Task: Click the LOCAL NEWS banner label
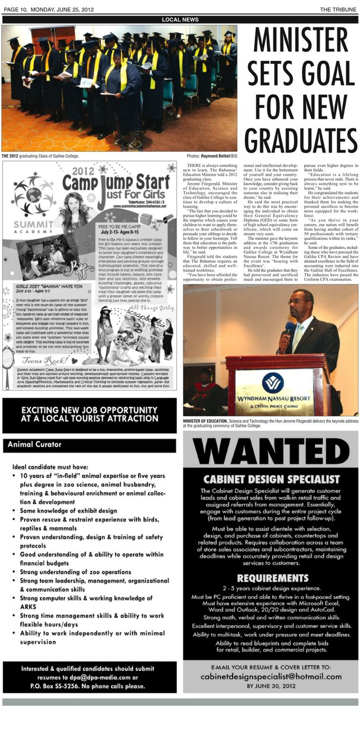pyautogui.click(x=180, y=20)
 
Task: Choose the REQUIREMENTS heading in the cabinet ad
pyautogui.click(x=270, y=578)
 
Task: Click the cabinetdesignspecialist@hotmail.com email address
pyautogui.click(x=270, y=677)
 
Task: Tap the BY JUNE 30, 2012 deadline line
pyautogui.click(x=270, y=686)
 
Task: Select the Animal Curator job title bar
pyautogui.click(x=89, y=445)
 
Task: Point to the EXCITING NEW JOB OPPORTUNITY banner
pyautogui.click(x=90, y=414)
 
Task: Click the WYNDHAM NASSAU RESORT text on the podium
pyautogui.click(x=273, y=402)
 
